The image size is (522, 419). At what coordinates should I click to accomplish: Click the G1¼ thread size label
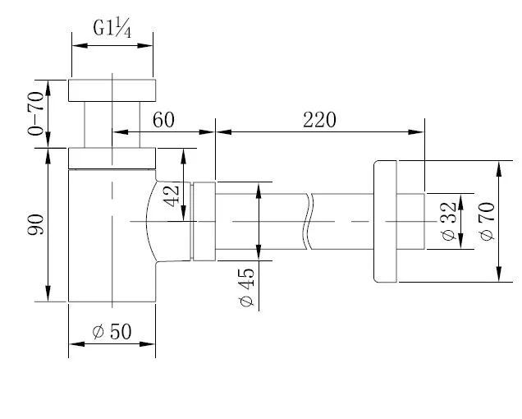click(112, 28)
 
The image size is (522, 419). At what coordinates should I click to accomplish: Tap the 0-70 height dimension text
click(35, 113)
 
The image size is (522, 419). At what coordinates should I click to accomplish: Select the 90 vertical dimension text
click(35, 224)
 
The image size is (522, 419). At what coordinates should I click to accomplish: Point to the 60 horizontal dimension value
click(163, 120)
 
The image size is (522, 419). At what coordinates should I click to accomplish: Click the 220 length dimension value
click(319, 120)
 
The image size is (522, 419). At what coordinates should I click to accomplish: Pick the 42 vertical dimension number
click(172, 196)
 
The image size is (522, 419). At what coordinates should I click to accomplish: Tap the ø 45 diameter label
click(247, 287)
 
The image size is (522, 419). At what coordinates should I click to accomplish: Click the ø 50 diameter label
click(112, 331)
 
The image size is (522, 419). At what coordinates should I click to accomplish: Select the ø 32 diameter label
click(449, 221)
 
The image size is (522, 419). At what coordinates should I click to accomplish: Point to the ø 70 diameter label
click(487, 221)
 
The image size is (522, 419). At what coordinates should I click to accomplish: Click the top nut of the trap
click(112, 90)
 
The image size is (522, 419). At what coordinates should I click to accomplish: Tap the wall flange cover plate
click(385, 221)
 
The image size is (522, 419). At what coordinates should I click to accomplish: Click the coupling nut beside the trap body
click(204, 221)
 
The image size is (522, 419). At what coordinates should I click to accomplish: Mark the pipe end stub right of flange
click(411, 221)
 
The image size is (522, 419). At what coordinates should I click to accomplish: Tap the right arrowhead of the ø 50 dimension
click(148, 343)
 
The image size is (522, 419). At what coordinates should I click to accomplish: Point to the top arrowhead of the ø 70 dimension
click(499, 168)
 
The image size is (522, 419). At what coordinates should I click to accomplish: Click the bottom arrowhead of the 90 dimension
click(48, 293)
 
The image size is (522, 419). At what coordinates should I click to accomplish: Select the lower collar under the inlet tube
click(112, 159)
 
